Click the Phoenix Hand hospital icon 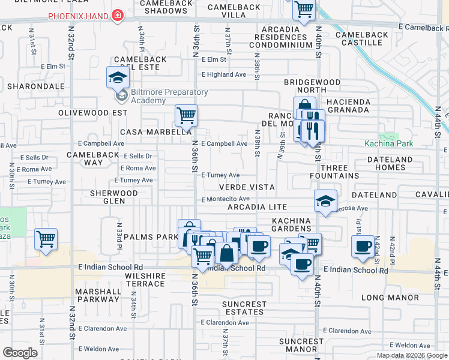[119, 16]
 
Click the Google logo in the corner [20, 353]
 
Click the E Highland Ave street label [224, 74]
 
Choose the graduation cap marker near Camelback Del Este [118, 76]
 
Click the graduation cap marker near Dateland [325, 200]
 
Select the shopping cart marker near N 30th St [46, 239]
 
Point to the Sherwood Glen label [113, 197]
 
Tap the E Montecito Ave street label [225, 199]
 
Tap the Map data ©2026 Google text [411, 355]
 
